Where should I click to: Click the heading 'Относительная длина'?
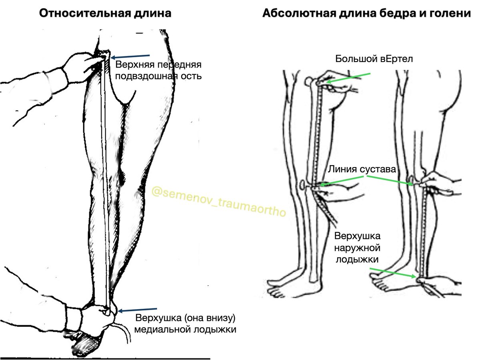[x=105, y=13]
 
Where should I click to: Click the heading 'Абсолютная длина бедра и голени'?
[x=366, y=13]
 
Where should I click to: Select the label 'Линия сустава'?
[x=362, y=169]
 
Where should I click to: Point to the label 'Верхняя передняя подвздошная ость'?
[x=158, y=70]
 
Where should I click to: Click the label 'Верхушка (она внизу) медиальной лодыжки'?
[x=185, y=324]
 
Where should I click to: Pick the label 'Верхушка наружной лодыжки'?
[x=357, y=248]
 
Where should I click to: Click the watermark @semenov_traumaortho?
[x=219, y=201]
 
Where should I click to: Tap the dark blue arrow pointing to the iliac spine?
[x=130, y=57]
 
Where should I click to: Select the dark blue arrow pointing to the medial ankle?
[x=137, y=310]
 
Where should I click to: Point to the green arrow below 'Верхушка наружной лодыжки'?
[x=393, y=273]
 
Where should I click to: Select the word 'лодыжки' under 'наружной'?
[x=357, y=260]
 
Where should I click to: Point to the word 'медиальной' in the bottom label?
[x=162, y=329]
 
